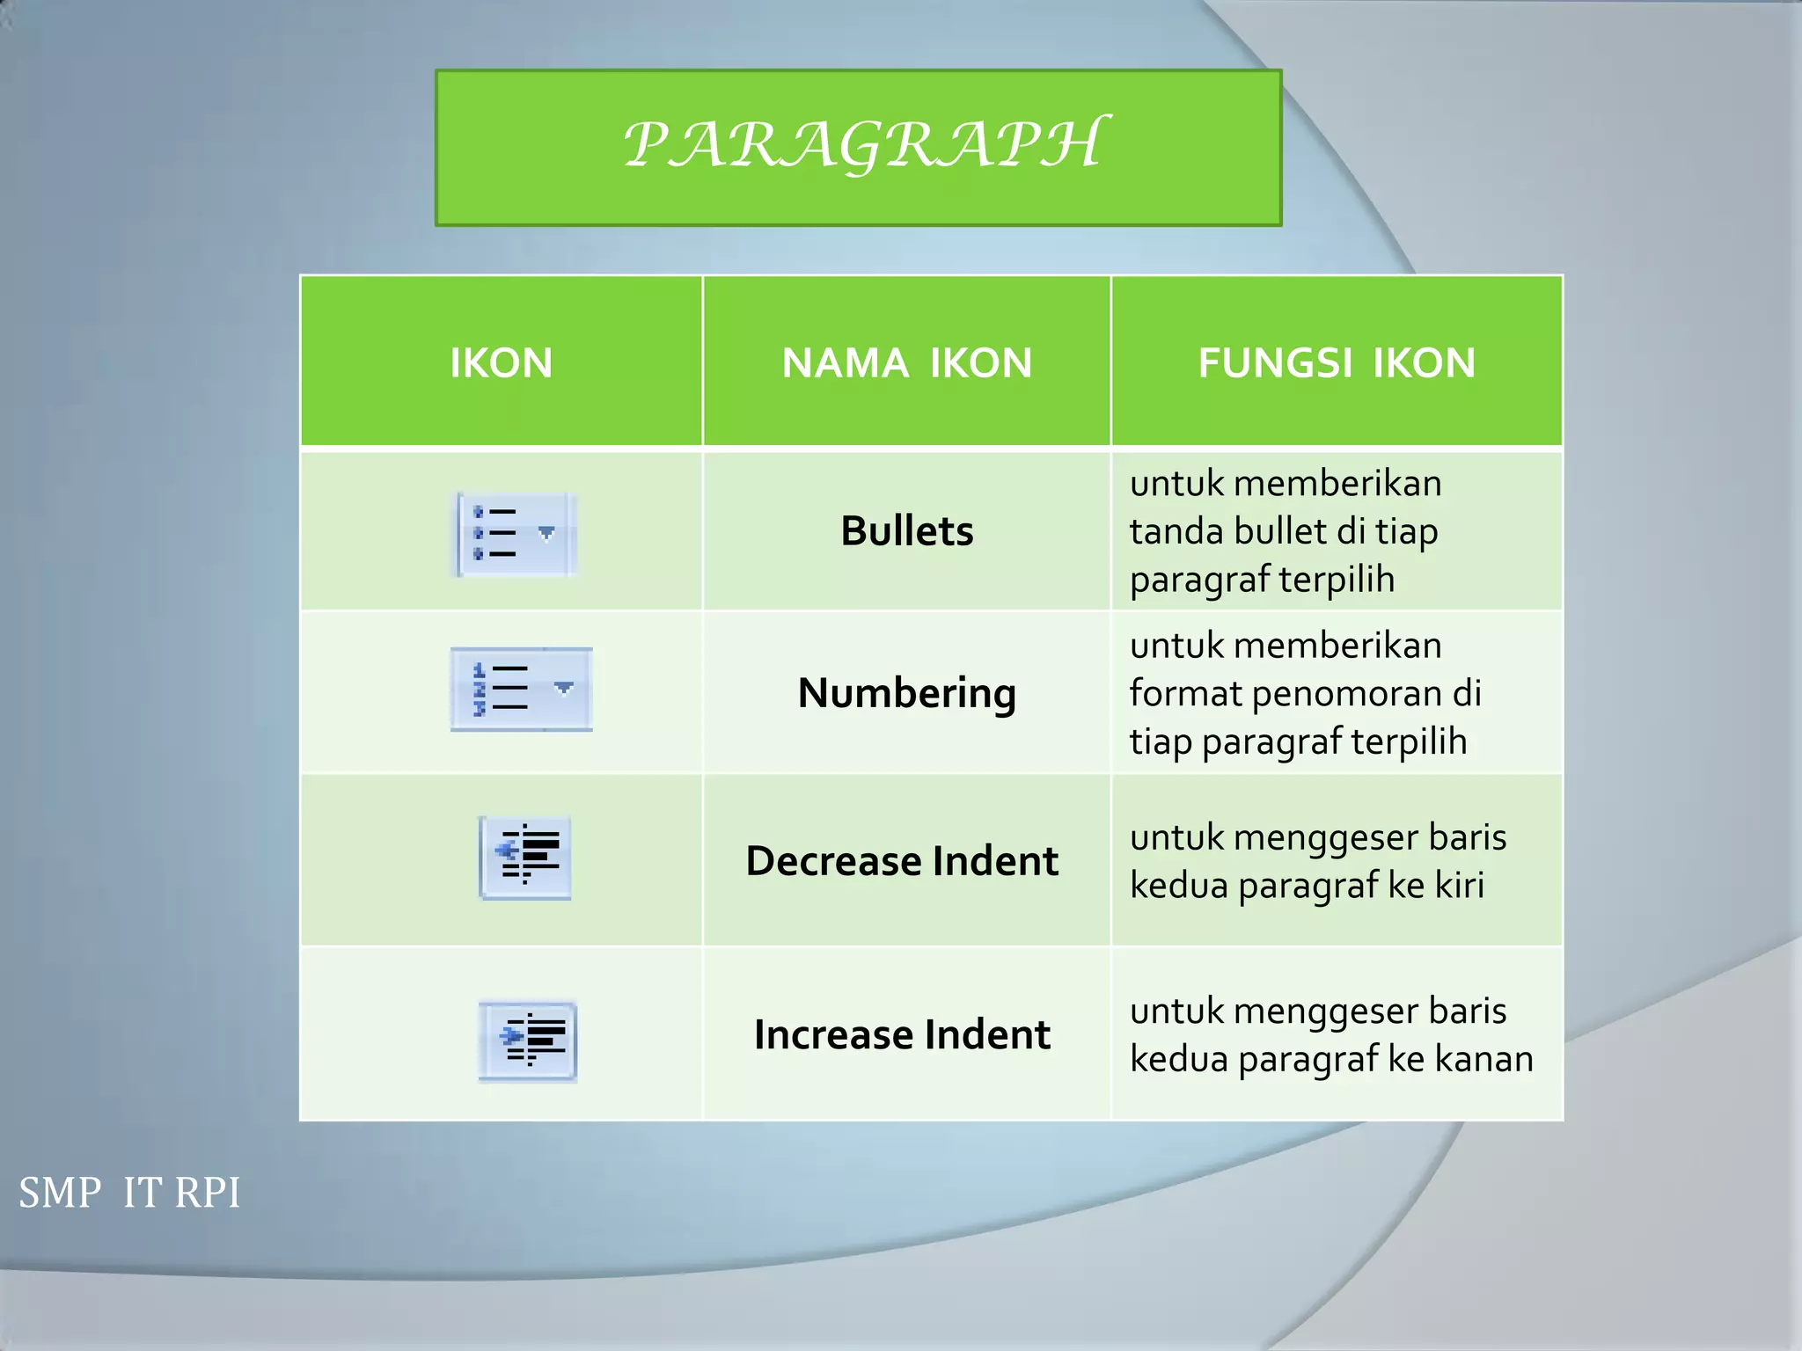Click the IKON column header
(x=501, y=363)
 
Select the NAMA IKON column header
(x=906, y=363)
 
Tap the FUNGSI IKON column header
(x=1336, y=363)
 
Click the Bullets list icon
(x=515, y=534)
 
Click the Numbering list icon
(x=521, y=689)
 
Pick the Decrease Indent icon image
(x=525, y=857)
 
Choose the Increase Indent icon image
(x=527, y=1041)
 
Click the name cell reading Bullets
(x=906, y=531)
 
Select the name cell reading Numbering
(x=906, y=693)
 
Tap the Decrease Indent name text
(x=902, y=860)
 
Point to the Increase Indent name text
(x=902, y=1034)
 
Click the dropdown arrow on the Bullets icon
(x=546, y=533)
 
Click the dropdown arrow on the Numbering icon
(x=564, y=688)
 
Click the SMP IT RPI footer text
(x=129, y=1193)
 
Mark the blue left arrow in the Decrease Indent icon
(x=505, y=850)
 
